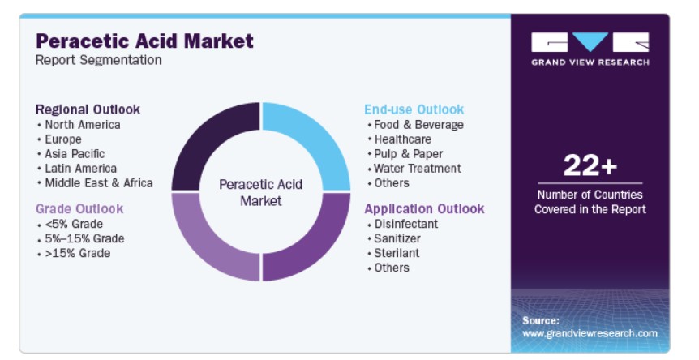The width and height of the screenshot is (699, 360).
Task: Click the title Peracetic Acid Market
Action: click(144, 41)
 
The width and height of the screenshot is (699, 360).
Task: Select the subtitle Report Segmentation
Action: click(98, 60)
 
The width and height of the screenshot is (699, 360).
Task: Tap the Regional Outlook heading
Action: click(88, 109)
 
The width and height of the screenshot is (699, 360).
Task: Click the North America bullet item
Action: click(83, 125)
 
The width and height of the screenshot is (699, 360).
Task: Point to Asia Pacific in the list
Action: click(75, 154)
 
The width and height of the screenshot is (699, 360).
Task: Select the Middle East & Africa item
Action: click(99, 183)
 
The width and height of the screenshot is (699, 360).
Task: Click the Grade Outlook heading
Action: click(79, 208)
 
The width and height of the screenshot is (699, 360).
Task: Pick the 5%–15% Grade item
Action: click(84, 238)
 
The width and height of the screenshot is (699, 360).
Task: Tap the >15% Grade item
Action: click(78, 253)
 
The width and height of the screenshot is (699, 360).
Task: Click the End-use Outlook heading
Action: click(414, 109)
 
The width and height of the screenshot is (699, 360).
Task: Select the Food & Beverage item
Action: click(418, 125)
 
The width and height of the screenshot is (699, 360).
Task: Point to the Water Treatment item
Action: click(418, 169)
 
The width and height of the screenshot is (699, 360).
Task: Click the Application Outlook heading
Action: click(424, 208)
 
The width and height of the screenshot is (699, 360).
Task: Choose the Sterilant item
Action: click(397, 253)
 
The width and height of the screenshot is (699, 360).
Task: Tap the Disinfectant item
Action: click(406, 224)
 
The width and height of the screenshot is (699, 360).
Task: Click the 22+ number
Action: click(590, 165)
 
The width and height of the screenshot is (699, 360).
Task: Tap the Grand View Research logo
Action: click(590, 49)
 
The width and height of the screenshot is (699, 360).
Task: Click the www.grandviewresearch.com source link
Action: click(590, 333)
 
